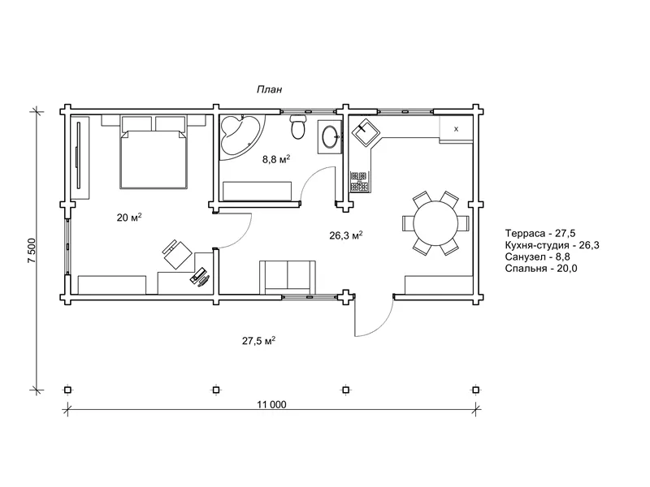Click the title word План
pyautogui.click(x=270, y=89)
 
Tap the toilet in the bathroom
pyautogui.click(x=298, y=127)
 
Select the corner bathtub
pyautogui.click(x=240, y=135)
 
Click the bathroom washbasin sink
pyautogui.click(x=330, y=137)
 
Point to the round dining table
pyautogui.click(x=435, y=223)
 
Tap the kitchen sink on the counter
pyautogui.click(x=364, y=131)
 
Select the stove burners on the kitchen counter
pyautogui.click(x=359, y=181)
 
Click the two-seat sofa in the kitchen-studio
pyautogui.click(x=288, y=277)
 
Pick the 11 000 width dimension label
pyautogui.click(x=271, y=404)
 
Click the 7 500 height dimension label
pyautogui.click(x=32, y=250)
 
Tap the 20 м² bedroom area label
pyautogui.click(x=129, y=217)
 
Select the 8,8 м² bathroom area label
pyautogui.click(x=276, y=159)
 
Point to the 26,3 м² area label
pyautogui.click(x=346, y=235)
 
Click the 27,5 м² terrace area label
pyautogui.click(x=259, y=341)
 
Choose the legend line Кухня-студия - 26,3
pyautogui.click(x=552, y=245)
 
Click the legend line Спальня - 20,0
pyautogui.click(x=541, y=269)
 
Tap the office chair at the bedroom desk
pyautogui.click(x=176, y=253)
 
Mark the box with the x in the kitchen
pyautogui.click(x=456, y=129)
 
